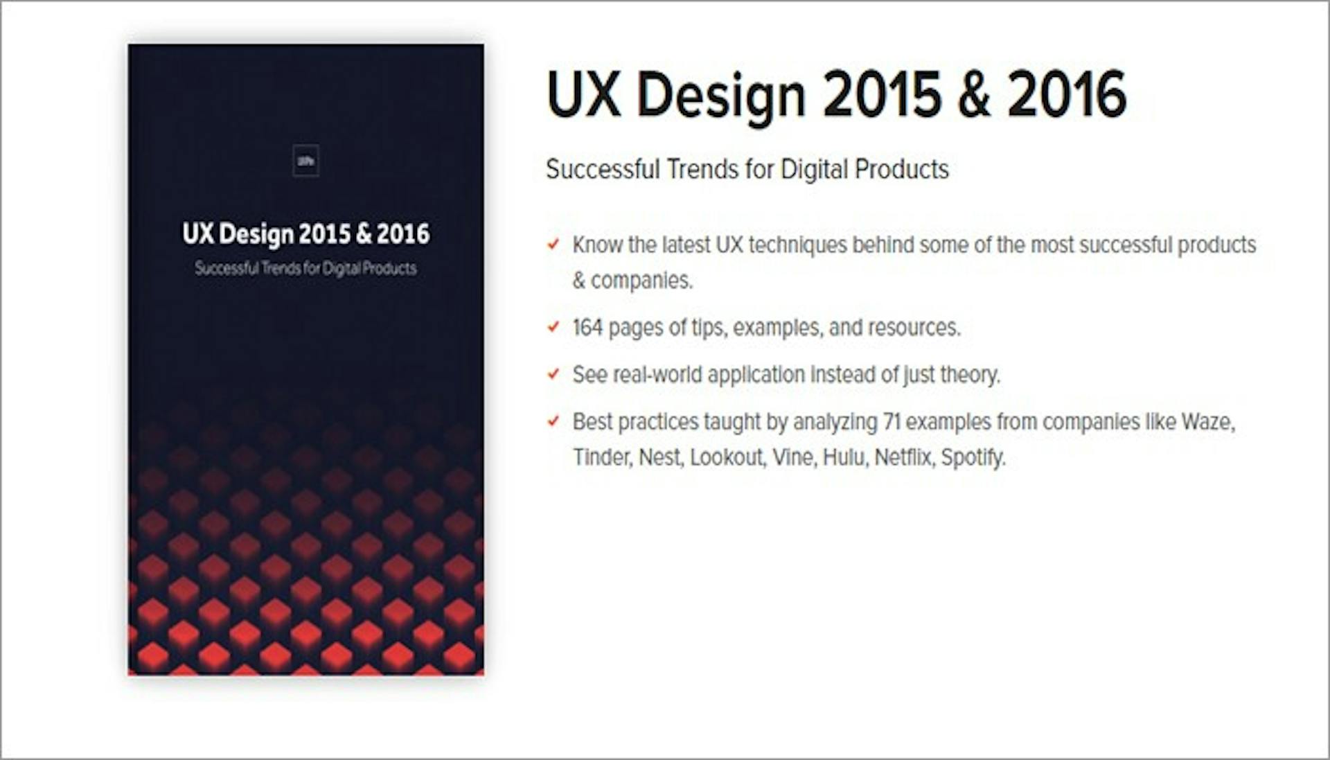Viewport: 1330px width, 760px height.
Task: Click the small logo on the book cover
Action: [305, 161]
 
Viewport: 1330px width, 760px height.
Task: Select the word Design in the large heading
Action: [720, 96]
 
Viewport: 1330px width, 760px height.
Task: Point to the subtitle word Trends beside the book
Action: [702, 169]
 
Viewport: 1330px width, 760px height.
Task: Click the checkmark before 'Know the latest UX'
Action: [553, 244]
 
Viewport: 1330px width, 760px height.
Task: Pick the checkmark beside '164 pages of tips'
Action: [553, 326]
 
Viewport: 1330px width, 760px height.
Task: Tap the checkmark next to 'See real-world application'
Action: [553, 374]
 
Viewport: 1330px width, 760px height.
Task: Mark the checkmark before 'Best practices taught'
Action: [553, 421]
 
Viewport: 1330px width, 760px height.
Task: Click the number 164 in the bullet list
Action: [587, 327]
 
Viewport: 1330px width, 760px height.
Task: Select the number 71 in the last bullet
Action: [892, 421]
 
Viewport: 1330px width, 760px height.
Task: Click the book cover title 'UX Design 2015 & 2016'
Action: [305, 234]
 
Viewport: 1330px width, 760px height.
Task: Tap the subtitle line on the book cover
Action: [305, 269]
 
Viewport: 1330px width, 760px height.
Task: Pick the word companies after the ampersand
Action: [641, 281]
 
